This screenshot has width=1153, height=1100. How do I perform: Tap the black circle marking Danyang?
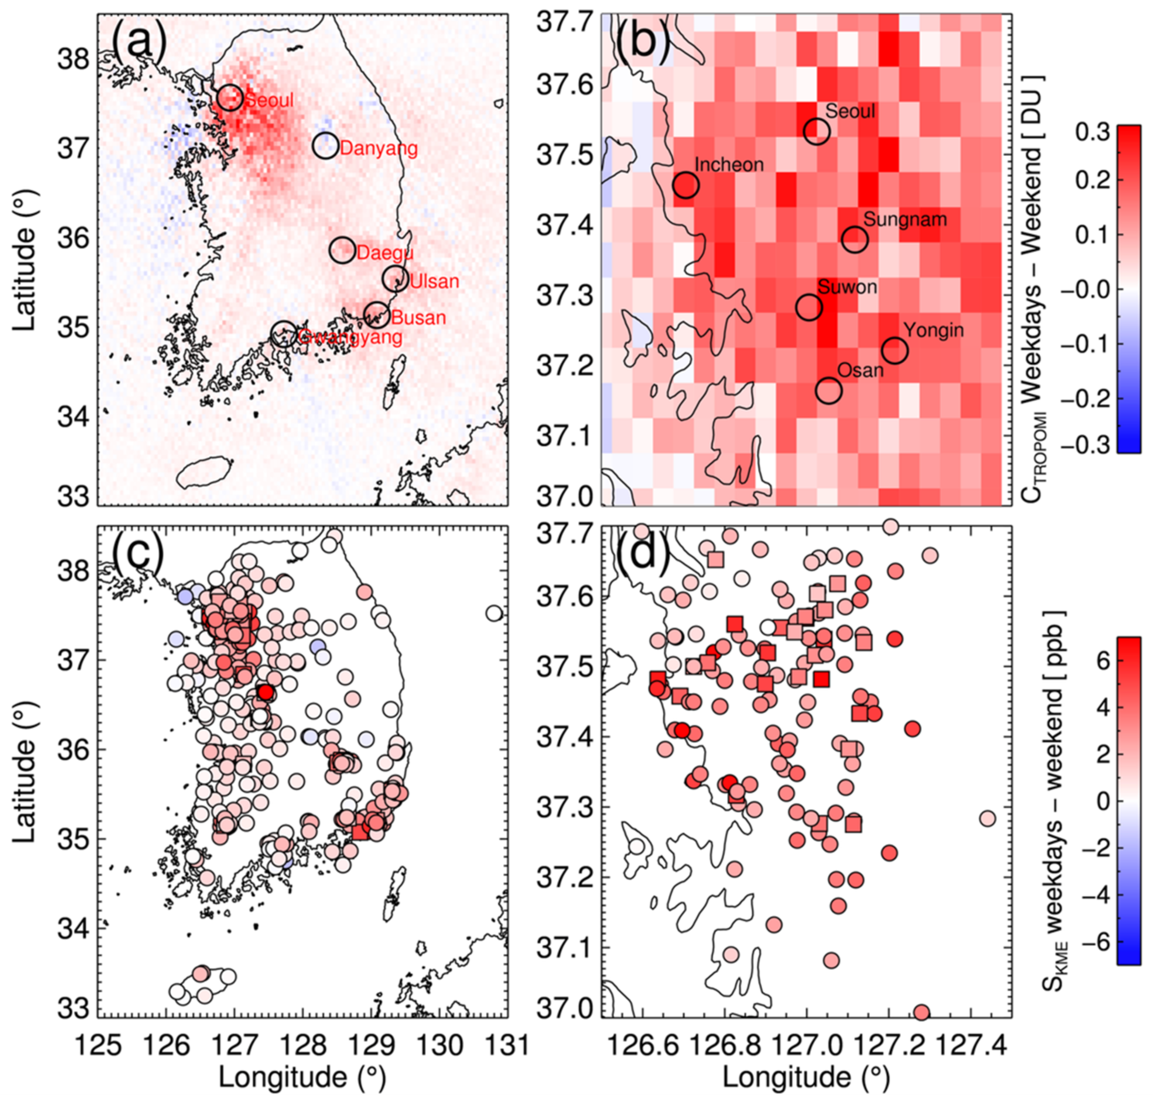click(x=325, y=145)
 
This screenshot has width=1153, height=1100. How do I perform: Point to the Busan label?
click(x=418, y=318)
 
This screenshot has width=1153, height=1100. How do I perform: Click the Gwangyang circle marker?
click(x=284, y=333)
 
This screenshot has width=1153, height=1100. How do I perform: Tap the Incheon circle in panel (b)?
click(x=686, y=185)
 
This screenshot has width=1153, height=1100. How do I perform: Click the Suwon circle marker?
click(x=809, y=307)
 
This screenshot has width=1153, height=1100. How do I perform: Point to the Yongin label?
click(x=933, y=330)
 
